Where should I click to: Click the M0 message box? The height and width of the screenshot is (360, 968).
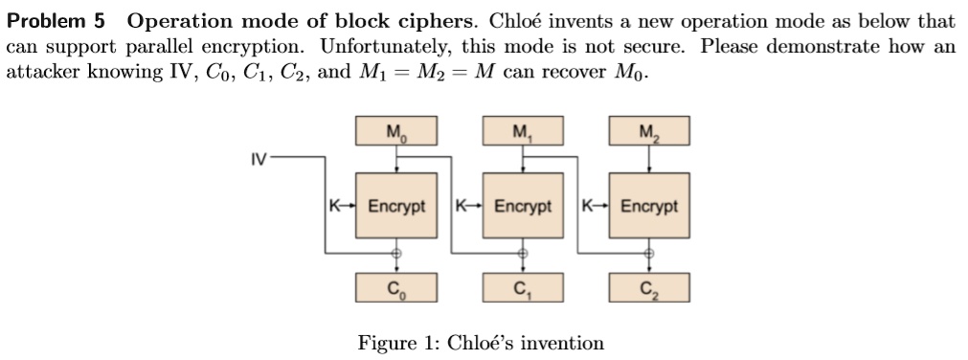pos(396,131)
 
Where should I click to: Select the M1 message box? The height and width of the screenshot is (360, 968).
pos(522,131)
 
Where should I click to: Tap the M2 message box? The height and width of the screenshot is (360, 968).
pos(649,131)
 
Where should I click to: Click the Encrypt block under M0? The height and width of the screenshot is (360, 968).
pos(396,206)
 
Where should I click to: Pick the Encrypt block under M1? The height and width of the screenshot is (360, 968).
pos(522,206)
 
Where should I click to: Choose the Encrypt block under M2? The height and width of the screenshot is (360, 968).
pos(649,206)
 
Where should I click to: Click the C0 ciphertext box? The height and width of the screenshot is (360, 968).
pos(396,286)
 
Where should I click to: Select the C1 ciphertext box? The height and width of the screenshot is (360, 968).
pos(522,286)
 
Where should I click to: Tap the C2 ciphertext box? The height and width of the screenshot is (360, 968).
pos(649,286)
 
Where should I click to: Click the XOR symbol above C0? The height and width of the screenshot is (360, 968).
pos(396,254)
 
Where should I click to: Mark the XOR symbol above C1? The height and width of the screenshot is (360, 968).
pos(522,254)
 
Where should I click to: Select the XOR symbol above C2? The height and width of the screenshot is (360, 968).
pos(649,254)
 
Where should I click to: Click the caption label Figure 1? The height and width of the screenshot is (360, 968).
pos(398,343)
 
